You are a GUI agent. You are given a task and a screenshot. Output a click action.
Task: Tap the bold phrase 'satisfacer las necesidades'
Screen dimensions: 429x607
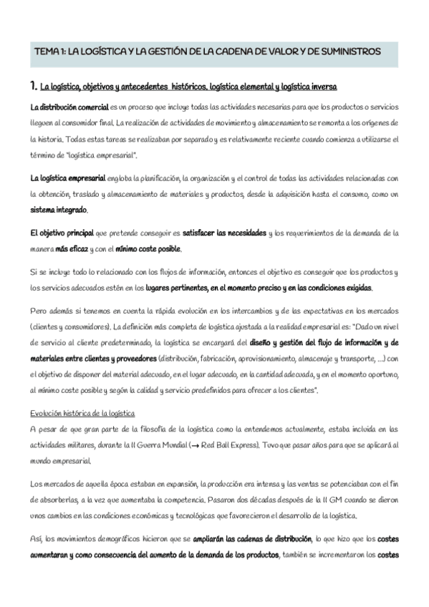pyautogui.click(x=223, y=233)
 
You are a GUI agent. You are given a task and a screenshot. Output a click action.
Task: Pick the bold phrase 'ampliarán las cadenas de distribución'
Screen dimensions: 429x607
pyautogui.click(x=249, y=538)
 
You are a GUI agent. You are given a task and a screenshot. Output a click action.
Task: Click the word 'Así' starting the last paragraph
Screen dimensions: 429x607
pyautogui.click(x=37, y=538)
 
